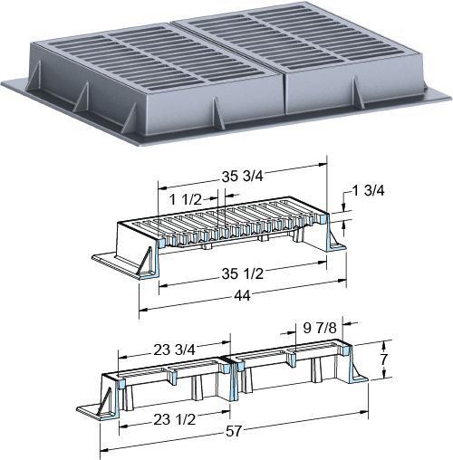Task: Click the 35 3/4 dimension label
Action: pos(243,177)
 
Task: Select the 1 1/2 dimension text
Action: pos(185,199)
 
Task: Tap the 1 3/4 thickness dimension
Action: pos(368,190)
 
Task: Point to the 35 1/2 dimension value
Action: pos(243,273)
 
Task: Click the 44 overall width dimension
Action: pos(243,296)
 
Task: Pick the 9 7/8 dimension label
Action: pos(320,328)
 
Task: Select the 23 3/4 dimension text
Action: pos(175,350)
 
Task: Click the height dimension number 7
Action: pos(384,359)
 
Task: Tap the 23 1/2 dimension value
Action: pos(175,419)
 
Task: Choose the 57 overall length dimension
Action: pos(234,431)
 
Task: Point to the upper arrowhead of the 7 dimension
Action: pos(384,344)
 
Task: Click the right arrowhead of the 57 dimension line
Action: pos(364,413)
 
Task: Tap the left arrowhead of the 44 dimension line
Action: pos(143,310)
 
